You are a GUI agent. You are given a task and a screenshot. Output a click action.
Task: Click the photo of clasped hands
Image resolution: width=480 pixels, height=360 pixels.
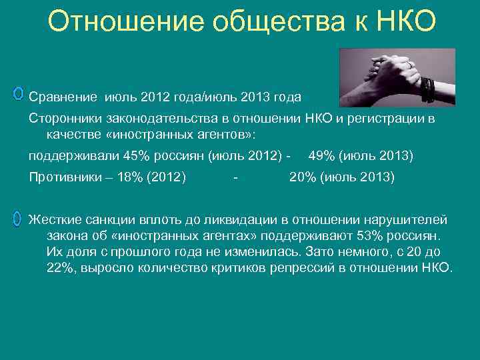397,77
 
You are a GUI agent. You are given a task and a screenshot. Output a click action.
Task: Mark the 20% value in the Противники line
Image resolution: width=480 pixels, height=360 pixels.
301,177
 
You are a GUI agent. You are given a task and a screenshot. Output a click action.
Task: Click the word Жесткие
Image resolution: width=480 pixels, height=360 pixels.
54,220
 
